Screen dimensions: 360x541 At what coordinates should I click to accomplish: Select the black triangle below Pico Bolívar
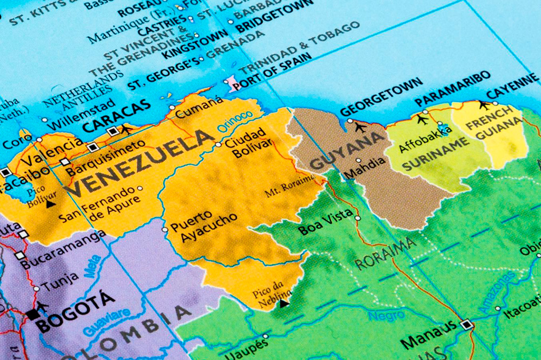tap(50, 204)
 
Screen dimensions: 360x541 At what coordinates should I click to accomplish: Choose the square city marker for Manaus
tap(466, 325)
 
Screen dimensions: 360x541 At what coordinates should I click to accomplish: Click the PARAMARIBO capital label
tap(452, 94)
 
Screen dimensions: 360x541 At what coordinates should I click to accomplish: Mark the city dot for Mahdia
tap(359, 161)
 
